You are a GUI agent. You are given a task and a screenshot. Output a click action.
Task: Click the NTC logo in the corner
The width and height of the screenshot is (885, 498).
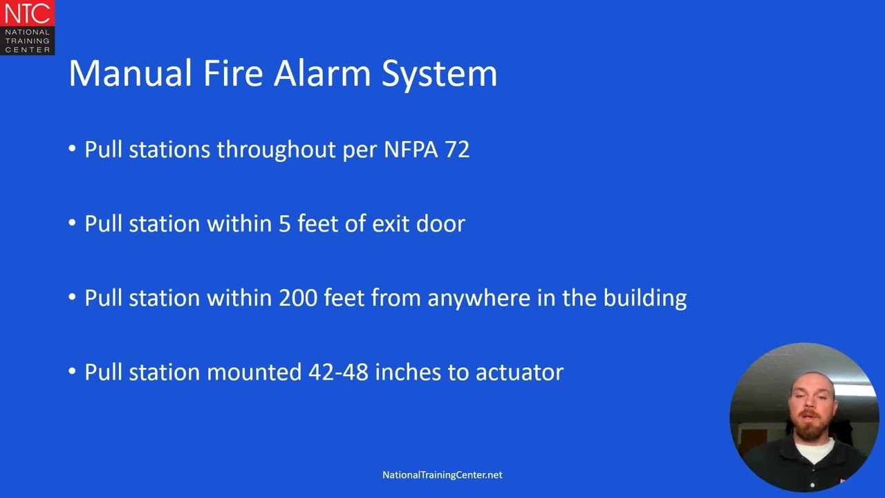[27, 27]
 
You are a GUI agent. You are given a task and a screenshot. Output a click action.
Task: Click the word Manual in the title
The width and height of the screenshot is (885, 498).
[130, 73]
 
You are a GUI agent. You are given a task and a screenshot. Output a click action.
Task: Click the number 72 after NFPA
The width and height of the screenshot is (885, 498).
[457, 149]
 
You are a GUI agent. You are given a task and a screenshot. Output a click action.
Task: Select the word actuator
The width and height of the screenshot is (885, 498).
[519, 372]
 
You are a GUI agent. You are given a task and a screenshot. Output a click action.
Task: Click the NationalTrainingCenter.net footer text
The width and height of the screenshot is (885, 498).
[442, 475]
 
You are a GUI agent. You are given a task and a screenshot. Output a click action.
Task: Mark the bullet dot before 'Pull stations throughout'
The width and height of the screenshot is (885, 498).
[73, 149]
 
